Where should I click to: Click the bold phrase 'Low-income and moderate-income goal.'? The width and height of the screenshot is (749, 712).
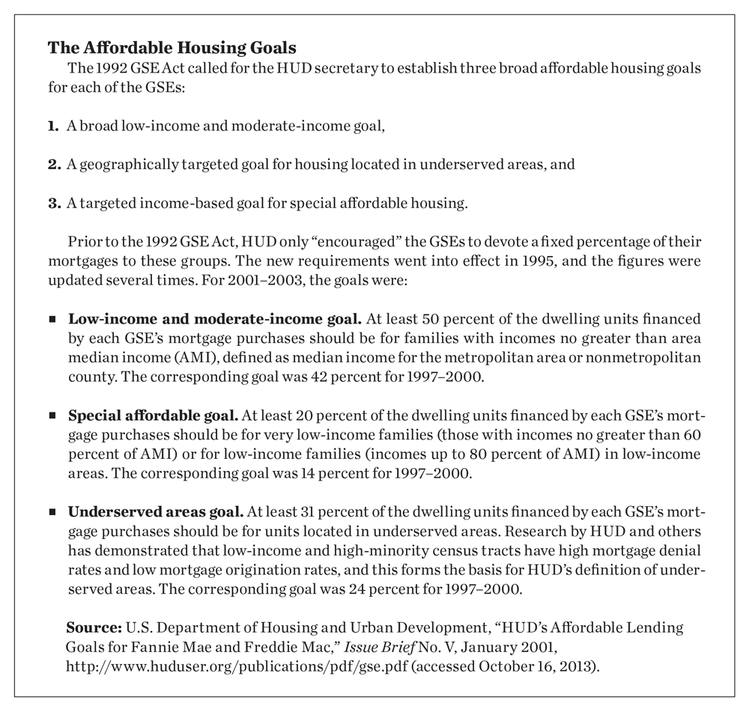(172, 318)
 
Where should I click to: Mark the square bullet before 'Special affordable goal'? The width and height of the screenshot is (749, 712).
(52, 415)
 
